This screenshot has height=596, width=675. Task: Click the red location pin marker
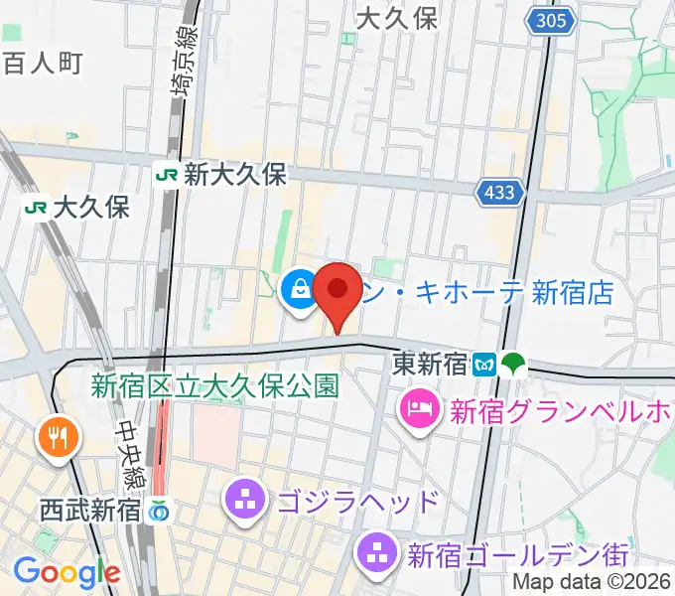pos(337,293)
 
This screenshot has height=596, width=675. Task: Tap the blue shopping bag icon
pos(299,291)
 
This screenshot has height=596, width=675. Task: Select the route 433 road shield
pos(499,193)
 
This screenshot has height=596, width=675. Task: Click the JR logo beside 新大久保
pos(167,175)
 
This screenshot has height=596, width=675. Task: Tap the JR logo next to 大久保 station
pos(37,208)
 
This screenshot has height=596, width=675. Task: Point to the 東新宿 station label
pos(429,364)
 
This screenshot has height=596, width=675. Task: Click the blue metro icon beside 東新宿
pos(485,364)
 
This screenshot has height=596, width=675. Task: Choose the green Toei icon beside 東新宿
pos(513,364)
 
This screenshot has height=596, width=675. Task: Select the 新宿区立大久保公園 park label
pos(214,384)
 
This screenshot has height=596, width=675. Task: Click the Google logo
pos(67,572)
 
